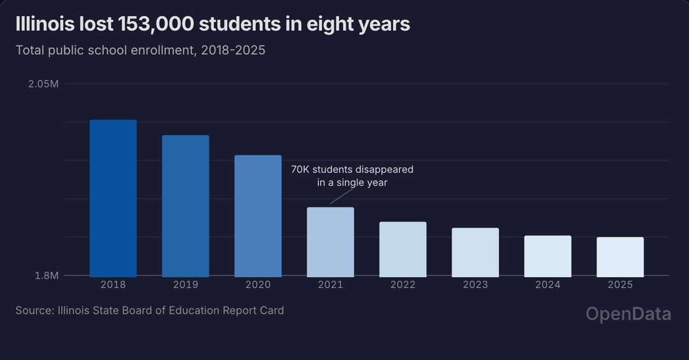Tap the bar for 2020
[258, 216]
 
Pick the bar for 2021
[330, 242]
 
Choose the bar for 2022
[403, 249]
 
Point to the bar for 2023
[475, 252]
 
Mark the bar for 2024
[547, 256]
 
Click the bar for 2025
[620, 257]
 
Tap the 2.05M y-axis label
[43, 84]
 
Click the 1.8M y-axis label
[47, 276]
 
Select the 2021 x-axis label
[330, 285]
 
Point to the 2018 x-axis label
[113, 285]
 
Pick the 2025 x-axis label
[620, 285]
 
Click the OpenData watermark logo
[628, 313]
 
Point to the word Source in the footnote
[33, 311]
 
